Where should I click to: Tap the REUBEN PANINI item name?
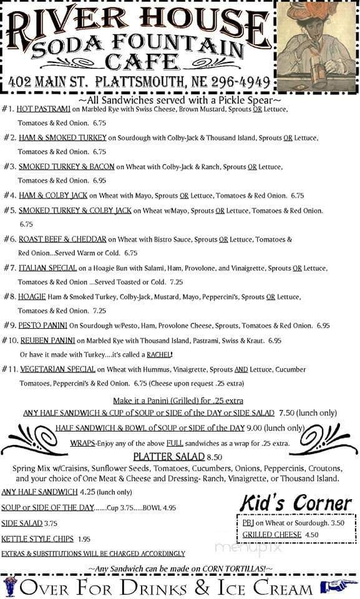click(47, 341)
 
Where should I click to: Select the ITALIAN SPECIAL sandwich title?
click(47, 268)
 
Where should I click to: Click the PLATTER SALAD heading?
click(164, 456)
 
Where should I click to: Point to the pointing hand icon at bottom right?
click(338, 586)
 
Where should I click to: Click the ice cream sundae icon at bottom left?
click(10, 587)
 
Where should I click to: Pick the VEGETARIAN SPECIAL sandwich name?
click(57, 369)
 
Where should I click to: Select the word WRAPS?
click(82, 443)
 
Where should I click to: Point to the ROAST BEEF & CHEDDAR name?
click(62, 239)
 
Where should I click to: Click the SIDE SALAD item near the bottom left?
click(21, 524)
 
